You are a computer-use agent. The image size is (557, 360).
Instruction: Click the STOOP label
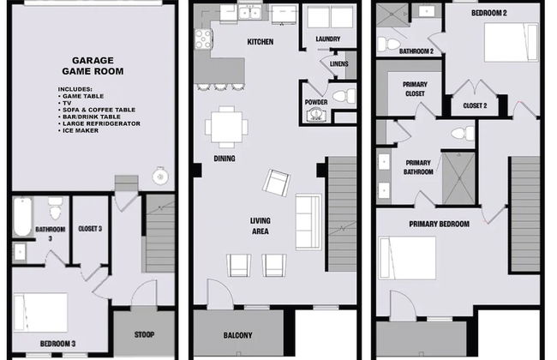(x=144, y=334)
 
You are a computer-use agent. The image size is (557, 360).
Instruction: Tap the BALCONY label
(x=237, y=335)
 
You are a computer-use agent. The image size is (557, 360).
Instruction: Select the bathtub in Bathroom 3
(x=22, y=217)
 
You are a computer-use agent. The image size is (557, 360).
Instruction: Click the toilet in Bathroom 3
(x=55, y=208)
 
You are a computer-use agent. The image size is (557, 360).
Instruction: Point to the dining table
(x=226, y=127)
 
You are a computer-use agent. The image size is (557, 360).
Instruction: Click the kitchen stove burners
(x=204, y=39)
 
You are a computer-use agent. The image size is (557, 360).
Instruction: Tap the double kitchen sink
(x=250, y=13)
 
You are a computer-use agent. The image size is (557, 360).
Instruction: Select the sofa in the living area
(x=308, y=222)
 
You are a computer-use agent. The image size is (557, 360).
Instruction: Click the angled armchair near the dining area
(x=277, y=183)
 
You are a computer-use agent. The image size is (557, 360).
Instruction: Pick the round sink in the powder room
(x=314, y=114)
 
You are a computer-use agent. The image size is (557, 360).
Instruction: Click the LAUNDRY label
(x=328, y=39)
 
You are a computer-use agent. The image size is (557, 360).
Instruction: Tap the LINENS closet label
(x=338, y=64)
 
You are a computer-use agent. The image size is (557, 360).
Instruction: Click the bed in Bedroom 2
(x=512, y=43)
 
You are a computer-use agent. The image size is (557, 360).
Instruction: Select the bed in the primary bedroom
(x=407, y=258)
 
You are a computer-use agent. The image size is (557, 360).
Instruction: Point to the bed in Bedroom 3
(x=40, y=313)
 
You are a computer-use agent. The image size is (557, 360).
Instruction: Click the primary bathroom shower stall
(x=458, y=179)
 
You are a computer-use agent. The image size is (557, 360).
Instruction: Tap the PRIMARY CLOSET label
(x=415, y=89)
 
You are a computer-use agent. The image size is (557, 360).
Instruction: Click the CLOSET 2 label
(x=475, y=106)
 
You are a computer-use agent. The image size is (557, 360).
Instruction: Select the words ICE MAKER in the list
(x=81, y=130)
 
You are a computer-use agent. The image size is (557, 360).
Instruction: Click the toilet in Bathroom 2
(x=389, y=45)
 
